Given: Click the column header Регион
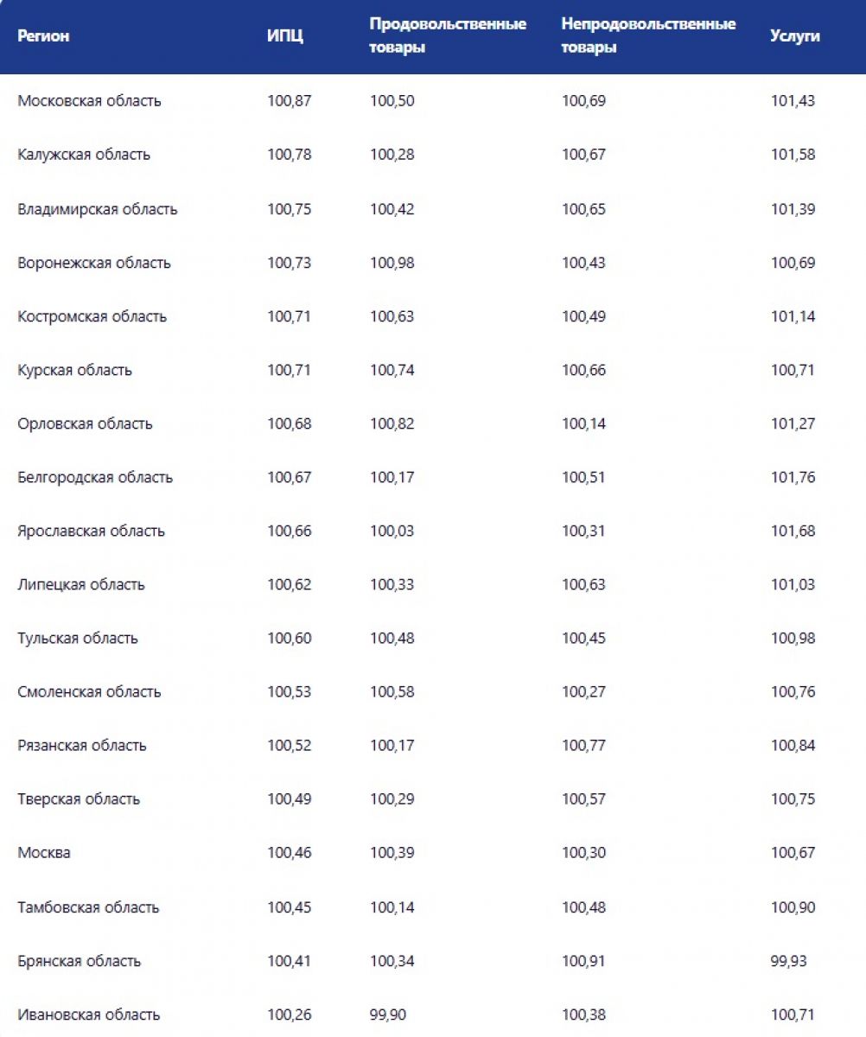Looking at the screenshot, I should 43,36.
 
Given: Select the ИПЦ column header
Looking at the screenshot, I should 285,36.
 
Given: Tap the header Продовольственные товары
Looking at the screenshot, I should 448,36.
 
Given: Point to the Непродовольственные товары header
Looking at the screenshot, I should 648,36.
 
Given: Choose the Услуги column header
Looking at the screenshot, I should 795,36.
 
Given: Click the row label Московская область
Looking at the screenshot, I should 89,101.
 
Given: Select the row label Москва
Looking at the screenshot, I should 44,853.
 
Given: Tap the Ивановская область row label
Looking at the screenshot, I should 88,1015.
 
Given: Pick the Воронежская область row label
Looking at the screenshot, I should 94,263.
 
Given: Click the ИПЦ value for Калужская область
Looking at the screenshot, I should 289,155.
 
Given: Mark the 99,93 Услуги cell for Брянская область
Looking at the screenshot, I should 789,961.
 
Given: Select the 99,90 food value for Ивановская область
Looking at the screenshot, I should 388,1015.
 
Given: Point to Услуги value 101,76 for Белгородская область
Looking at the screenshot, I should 793,477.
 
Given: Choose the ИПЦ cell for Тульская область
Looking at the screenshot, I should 289,638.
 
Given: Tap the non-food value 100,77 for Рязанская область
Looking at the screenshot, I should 583,745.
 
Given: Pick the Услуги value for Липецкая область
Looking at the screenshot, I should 793,584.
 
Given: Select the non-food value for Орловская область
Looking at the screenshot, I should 583,423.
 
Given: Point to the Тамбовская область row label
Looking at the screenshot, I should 88,907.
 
